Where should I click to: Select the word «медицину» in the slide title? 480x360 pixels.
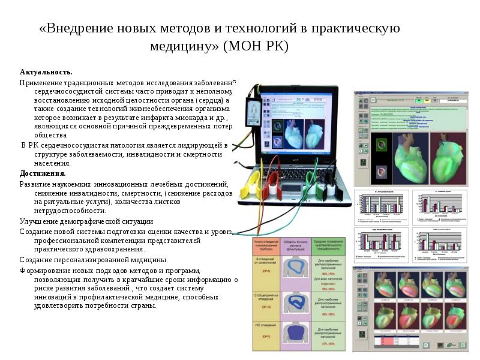[184, 46]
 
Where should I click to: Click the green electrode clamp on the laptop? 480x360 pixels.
[311, 183]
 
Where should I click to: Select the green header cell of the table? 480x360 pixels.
[331, 246]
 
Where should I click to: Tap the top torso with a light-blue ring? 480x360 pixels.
[299, 268]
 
